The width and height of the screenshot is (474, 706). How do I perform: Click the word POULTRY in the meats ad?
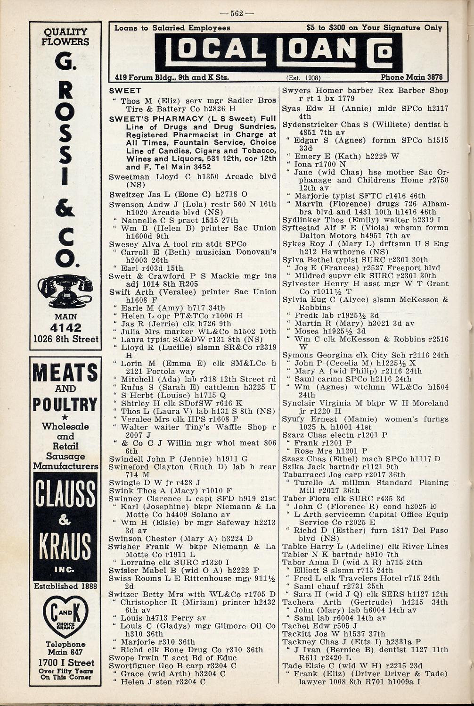tap(65, 405)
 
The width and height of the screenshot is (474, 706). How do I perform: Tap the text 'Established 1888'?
tap(65, 586)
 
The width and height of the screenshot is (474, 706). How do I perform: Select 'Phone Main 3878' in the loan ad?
tap(412, 77)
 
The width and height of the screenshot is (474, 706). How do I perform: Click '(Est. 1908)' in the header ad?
tap(303, 77)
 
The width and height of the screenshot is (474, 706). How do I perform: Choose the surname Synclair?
tap(299, 403)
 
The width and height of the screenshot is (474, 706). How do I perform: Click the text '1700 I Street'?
tap(65, 663)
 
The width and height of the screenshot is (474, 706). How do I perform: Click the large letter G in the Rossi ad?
tap(65, 65)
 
